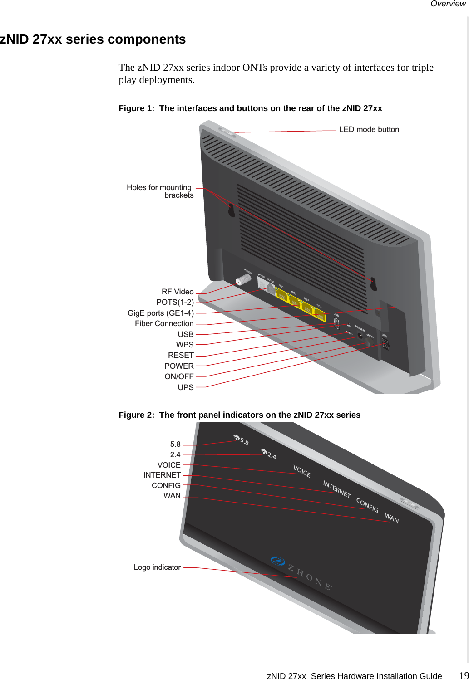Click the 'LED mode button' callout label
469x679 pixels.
[x=369, y=129]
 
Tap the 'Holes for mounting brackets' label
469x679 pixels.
[x=160, y=191]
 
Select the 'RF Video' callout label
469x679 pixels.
[x=178, y=292]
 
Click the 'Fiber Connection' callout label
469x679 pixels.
[x=164, y=323]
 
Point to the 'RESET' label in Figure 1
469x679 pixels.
[x=181, y=355]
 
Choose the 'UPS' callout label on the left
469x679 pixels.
[x=185, y=387]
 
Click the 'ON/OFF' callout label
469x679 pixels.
[x=179, y=376]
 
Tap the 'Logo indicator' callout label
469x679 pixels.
[x=157, y=567]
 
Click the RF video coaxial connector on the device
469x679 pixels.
[x=243, y=279]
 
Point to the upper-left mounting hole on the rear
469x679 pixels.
[x=231, y=210]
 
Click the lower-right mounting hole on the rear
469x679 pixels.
[x=373, y=284]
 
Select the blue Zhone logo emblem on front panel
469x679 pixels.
[x=277, y=561]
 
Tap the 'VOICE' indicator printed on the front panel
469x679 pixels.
[x=302, y=471]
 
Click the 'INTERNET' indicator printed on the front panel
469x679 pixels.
[x=336, y=489]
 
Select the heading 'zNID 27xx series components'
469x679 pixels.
[x=93, y=39]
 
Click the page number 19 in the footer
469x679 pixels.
[x=464, y=675]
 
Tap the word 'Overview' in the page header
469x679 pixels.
[x=448, y=4]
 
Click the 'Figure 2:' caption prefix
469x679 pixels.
[x=136, y=415]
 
